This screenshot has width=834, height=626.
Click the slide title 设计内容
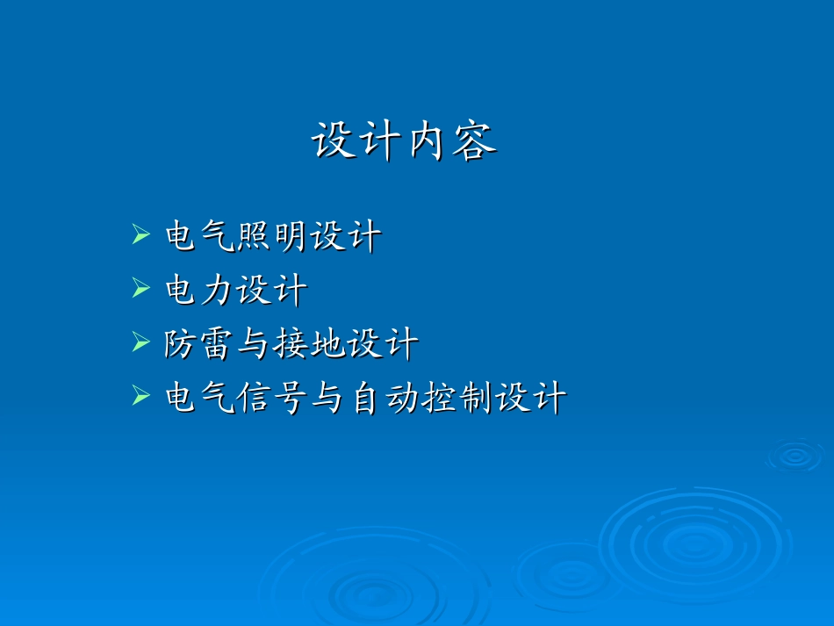pyautogui.click(x=404, y=140)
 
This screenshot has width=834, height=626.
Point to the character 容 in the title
pyautogui.click(x=475, y=140)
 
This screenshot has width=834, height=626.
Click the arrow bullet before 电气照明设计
pyautogui.click(x=140, y=234)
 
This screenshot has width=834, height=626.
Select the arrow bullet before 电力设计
pyautogui.click(x=140, y=289)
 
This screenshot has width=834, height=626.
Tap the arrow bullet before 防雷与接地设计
pyautogui.click(x=140, y=343)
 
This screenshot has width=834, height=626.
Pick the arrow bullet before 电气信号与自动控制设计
pyautogui.click(x=140, y=398)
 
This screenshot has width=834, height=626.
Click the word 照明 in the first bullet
pyautogui.click(x=272, y=236)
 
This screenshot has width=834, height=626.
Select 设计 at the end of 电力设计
pyautogui.click(x=272, y=291)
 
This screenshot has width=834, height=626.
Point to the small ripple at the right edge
pyautogui.click(x=795, y=455)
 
